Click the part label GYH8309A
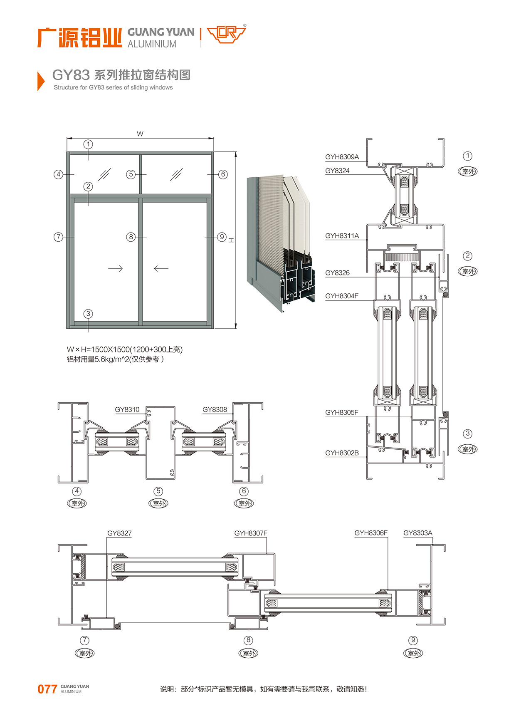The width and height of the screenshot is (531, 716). coord(342,157)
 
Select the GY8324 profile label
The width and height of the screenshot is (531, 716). coord(337,171)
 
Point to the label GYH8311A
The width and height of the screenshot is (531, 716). coord(342,235)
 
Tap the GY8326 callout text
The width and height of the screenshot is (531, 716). coord(337,273)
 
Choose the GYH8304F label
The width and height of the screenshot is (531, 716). coord(341,296)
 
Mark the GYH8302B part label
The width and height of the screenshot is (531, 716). coord(342,453)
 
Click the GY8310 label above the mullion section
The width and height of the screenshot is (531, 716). coord(127,409)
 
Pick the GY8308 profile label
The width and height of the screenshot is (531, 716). coord(215,409)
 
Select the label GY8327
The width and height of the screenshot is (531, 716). coord(119,533)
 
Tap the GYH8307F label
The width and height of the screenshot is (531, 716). coord(251,533)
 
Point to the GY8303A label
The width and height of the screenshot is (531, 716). coord(418,533)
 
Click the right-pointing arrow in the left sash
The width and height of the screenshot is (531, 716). coord(115,268)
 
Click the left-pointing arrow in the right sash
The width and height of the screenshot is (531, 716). coord(161,268)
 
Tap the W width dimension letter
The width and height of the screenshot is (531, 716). coord(140,134)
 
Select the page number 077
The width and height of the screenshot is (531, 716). coord(47,689)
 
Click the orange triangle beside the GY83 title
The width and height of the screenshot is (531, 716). coord(40,81)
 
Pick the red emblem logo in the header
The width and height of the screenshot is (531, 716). coord(226,34)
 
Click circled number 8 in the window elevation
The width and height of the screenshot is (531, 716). coord(131,237)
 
